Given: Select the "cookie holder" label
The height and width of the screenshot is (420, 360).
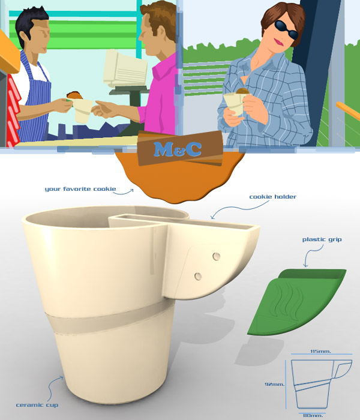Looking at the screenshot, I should [273, 197].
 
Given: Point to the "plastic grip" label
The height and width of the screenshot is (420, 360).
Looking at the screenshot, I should [323, 239].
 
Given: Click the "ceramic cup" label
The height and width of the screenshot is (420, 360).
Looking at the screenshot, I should [37, 405].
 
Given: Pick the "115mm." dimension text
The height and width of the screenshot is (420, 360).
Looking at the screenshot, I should [321, 351].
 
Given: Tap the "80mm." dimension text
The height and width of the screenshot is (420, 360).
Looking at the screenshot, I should [313, 415].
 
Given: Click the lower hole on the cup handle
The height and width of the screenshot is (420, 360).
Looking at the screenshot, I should [197, 275].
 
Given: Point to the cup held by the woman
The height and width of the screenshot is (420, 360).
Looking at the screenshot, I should [235, 103].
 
